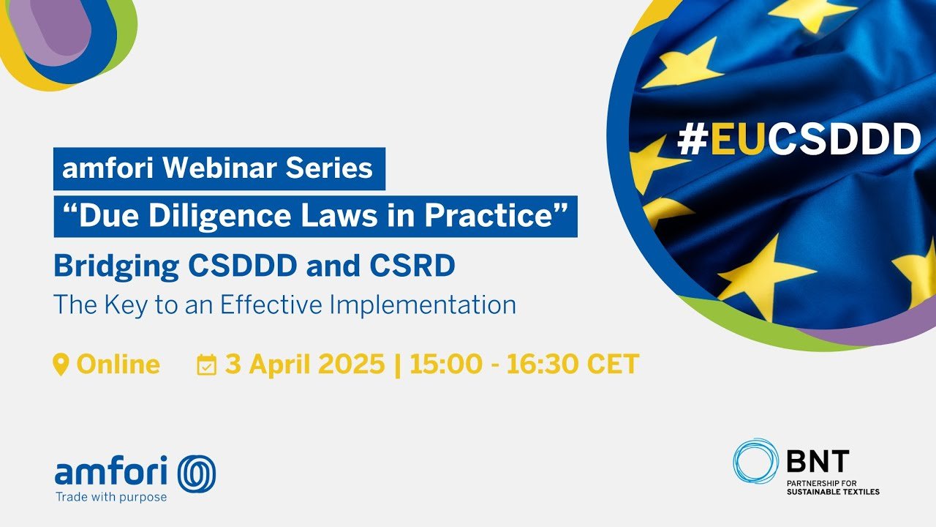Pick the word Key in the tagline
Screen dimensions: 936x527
(125, 306)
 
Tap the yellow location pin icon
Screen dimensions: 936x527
(61, 365)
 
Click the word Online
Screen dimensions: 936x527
(118, 364)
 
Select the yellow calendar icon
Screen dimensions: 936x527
(207, 365)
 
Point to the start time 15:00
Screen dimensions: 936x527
(446, 364)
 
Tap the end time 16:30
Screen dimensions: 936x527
(543, 364)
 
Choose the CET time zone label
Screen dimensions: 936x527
(613, 364)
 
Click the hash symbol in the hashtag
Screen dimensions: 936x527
(692, 139)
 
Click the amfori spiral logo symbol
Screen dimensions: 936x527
(197, 474)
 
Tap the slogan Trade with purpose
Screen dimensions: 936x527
(111, 497)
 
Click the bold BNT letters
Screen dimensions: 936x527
(818, 461)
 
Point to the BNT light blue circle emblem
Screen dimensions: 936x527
(755, 461)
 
